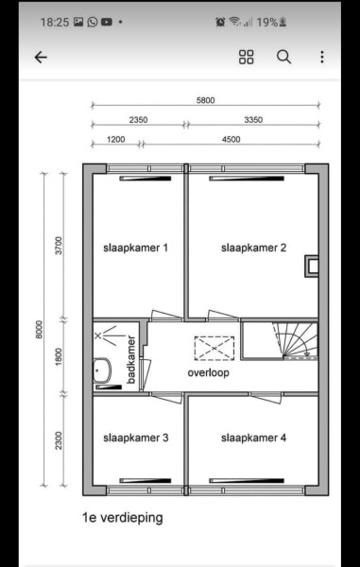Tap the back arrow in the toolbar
[x=41, y=57]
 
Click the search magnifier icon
[x=284, y=57]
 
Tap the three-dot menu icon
[x=321, y=57]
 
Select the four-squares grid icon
[x=247, y=57]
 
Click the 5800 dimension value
[x=205, y=100]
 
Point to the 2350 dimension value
[x=139, y=120]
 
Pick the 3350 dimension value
[x=253, y=120]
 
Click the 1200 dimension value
[x=116, y=139]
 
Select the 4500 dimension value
[x=231, y=139]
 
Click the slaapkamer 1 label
[x=135, y=248]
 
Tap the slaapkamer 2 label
[x=254, y=248]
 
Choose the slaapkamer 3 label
[x=135, y=438]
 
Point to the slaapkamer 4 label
[x=254, y=438]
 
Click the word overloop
[x=208, y=373]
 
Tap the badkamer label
[x=131, y=360]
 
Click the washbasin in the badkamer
[x=102, y=370]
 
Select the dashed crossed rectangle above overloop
[x=214, y=348]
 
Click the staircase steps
[x=295, y=340]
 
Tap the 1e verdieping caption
[x=123, y=518]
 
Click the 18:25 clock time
[x=55, y=23]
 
